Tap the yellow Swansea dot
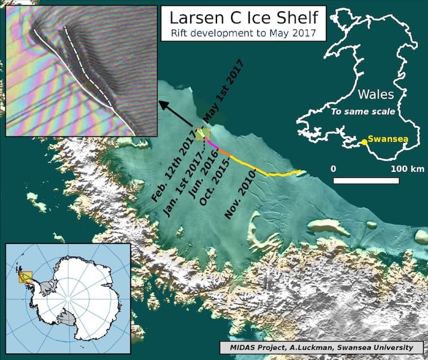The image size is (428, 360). (x=363, y=142)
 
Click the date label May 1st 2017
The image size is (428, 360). (x=223, y=89)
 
